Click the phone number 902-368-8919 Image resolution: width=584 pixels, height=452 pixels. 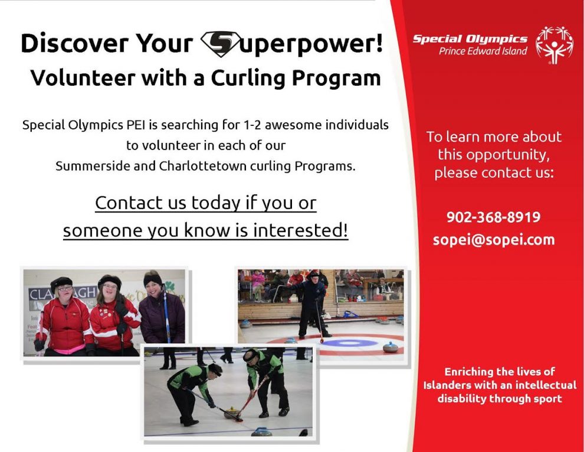(x=494, y=217)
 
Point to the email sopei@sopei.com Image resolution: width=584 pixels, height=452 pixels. (x=494, y=239)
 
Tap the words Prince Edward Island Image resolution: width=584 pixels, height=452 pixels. (x=483, y=51)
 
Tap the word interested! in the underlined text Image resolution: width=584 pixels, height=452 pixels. (x=301, y=230)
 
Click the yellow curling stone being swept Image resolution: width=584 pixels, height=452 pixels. (x=232, y=413)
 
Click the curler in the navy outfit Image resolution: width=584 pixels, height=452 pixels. (x=311, y=305)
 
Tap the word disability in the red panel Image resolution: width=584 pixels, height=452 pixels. (x=462, y=399)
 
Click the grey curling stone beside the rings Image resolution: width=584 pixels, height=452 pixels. (x=391, y=347)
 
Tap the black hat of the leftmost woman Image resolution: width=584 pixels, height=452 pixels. (x=61, y=282)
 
